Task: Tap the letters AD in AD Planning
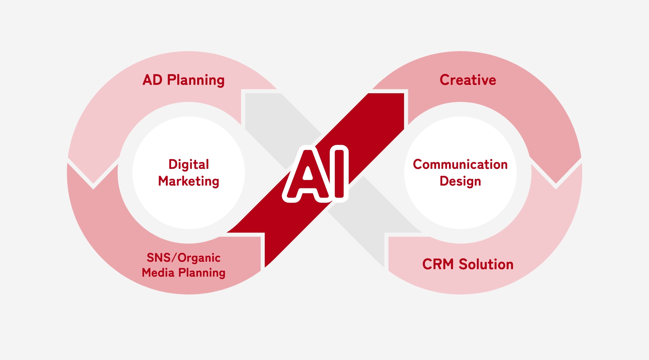click(153, 80)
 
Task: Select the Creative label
click(468, 80)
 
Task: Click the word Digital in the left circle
click(189, 165)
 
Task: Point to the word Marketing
click(189, 181)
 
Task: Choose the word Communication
click(460, 165)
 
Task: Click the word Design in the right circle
click(460, 181)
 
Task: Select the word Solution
click(486, 264)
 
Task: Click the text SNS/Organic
click(183, 258)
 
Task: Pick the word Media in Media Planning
click(158, 273)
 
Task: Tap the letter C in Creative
click(445, 80)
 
